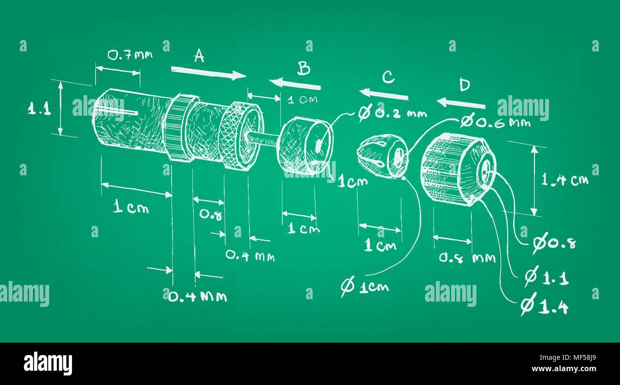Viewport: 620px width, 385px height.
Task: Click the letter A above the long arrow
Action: [x=199, y=57]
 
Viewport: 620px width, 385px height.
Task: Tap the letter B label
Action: [x=304, y=69]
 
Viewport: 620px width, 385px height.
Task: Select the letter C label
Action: [x=388, y=77]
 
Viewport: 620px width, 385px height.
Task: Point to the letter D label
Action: [x=464, y=85]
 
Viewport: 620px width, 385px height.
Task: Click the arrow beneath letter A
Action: [x=208, y=72]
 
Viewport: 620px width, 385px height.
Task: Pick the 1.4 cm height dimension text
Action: [x=564, y=180]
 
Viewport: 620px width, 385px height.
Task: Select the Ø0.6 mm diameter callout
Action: [x=496, y=122]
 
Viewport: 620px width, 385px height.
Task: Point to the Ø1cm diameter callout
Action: [x=365, y=286]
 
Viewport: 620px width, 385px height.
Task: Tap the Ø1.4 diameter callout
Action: [x=544, y=307]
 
